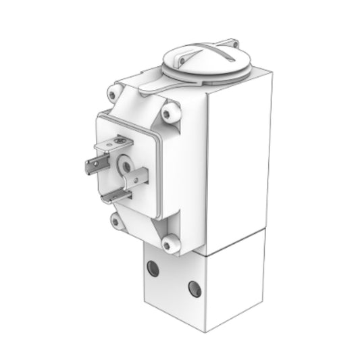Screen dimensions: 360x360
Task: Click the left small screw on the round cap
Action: pyautogui.click(x=172, y=51)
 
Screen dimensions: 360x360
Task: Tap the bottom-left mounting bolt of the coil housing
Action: pyautogui.click(x=116, y=220)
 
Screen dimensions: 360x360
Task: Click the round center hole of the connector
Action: pyautogui.click(x=125, y=164)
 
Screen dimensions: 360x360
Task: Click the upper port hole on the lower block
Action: pyautogui.click(x=153, y=269)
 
